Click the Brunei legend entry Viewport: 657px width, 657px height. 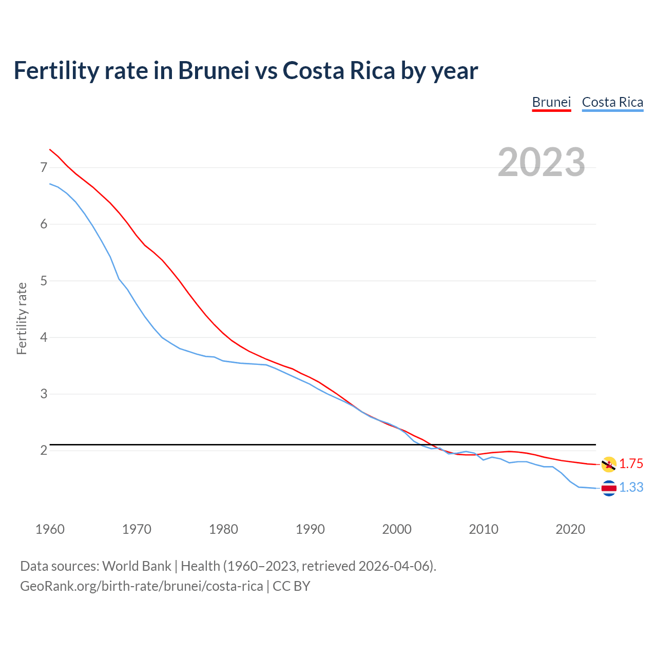click(551, 102)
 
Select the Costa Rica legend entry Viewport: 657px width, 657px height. click(612, 102)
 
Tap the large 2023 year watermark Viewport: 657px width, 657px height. click(542, 162)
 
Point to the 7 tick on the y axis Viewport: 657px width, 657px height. click(44, 168)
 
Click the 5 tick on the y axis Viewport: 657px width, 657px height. click(44, 281)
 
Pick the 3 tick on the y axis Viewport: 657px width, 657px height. click(44, 394)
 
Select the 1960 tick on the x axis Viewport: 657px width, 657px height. click(50, 529)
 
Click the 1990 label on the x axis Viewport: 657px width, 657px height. click(310, 529)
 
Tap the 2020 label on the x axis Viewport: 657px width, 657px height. click(570, 529)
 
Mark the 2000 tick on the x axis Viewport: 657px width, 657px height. click(397, 529)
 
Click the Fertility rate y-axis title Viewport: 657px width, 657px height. click(22, 318)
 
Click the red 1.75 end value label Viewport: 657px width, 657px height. click(631, 464)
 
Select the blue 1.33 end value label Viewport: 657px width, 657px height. click(631, 488)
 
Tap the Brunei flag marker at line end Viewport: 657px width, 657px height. click(609, 464)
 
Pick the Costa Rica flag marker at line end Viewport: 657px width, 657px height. click(609, 488)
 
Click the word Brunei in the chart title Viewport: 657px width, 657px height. click(214, 71)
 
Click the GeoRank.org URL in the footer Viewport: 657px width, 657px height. click(141, 586)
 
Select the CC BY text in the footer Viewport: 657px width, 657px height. click(291, 586)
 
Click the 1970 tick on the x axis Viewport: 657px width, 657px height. click(137, 529)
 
